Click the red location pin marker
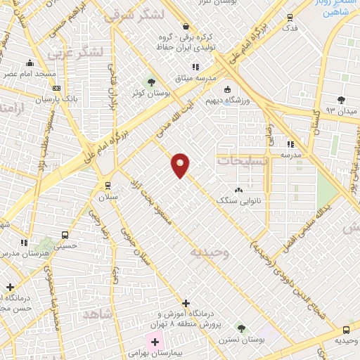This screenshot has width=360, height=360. [x=181, y=165]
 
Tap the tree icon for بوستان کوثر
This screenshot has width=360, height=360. [x=149, y=82]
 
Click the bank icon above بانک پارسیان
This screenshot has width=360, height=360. [x=56, y=89]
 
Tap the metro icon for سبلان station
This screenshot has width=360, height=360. [x=107, y=185]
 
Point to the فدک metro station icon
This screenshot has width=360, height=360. [x=290, y=18]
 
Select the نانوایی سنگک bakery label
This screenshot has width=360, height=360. [x=237, y=200]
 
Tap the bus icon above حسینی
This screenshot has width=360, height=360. [x=65, y=236]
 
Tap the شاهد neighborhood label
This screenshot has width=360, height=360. [x=97, y=314]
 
